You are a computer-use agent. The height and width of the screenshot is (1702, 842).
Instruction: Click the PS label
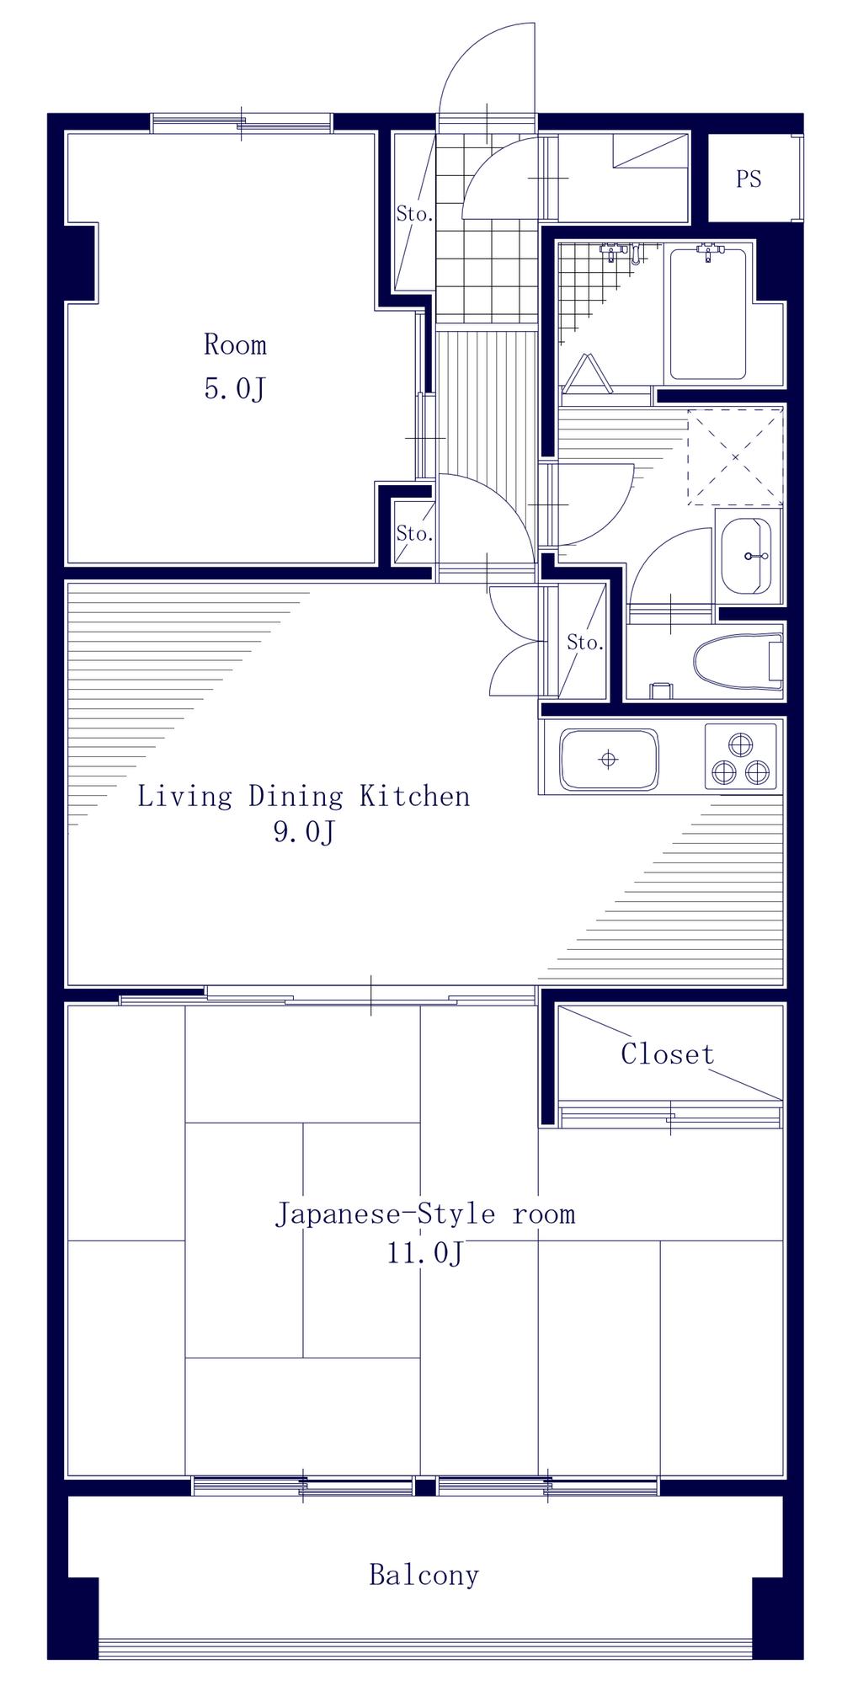pyautogui.click(x=749, y=179)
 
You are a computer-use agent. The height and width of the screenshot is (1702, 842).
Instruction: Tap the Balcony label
pyautogui.click(x=424, y=1575)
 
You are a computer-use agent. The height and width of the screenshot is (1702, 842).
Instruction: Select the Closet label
pyautogui.click(x=668, y=1054)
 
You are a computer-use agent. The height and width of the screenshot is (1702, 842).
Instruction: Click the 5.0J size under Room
pyautogui.click(x=235, y=389)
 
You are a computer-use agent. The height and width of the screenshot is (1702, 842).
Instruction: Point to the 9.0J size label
pyautogui.click(x=304, y=832)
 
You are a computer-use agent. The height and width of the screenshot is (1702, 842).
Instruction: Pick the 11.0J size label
pyautogui.click(x=425, y=1253)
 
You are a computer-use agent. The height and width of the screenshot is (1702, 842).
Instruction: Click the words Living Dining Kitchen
pyautogui.click(x=303, y=796)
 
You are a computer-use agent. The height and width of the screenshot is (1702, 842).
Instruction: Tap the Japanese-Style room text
pyautogui.click(x=425, y=1214)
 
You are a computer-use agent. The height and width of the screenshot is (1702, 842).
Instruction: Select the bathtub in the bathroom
pyautogui.click(x=707, y=313)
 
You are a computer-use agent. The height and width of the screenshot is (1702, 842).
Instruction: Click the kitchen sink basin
pyautogui.click(x=609, y=759)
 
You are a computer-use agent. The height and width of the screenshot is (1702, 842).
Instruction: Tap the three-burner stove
pyautogui.click(x=740, y=756)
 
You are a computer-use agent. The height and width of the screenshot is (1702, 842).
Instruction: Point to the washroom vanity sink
pyautogui.click(x=748, y=556)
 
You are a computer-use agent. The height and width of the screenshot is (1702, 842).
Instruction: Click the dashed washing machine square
pyautogui.click(x=735, y=456)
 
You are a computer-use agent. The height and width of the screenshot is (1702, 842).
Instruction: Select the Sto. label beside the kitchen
pyautogui.click(x=585, y=643)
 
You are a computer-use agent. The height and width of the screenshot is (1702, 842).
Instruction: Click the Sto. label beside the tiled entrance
pyautogui.click(x=414, y=214)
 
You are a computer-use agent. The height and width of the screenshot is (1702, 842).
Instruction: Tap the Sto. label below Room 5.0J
pyautogui.click(x=414, y=533)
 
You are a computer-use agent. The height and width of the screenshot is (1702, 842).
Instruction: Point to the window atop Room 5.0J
pyautogui.click(x=242, y=124)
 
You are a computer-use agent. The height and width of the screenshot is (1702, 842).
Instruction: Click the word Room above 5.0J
pyautogui.click(x=235, y=344)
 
